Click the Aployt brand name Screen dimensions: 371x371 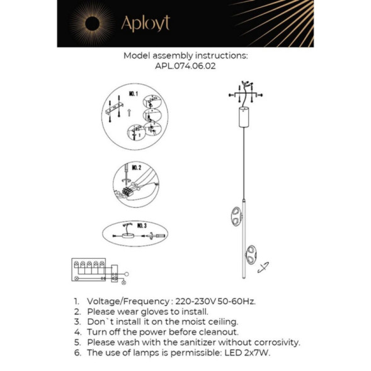pos(145,23)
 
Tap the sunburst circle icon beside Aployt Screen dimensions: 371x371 pos(89,23)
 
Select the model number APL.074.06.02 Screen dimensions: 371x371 pos(185,66)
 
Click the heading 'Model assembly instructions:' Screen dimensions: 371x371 pos(185,55)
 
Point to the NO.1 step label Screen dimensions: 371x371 pos(133,94)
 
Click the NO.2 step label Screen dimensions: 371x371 pos(135,168)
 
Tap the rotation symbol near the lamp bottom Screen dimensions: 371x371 pos(265,267)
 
